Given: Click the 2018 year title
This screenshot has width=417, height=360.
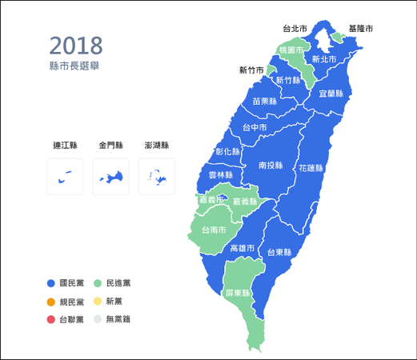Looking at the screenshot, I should [x=75, y=46].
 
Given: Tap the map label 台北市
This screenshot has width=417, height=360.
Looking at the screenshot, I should [x=295, y=28].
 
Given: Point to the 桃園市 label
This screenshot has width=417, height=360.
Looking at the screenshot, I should [x=291, y=50].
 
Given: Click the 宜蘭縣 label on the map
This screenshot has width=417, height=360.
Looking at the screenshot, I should [x=331, y=94].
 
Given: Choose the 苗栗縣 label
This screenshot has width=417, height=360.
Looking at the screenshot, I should [x=264, y=102].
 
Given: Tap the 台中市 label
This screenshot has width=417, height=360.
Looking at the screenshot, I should [x=255, y=126].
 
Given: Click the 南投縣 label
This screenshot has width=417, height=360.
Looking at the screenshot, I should [x=271, y=166].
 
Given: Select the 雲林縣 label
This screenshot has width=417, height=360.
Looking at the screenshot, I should [x=220, y=174].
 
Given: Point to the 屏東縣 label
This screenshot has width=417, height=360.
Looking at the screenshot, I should [x=239, y=293].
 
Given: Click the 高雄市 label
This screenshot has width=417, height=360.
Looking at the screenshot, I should [x=242, y=249].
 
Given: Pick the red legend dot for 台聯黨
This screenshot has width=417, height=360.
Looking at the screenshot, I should [x=50, y=319].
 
